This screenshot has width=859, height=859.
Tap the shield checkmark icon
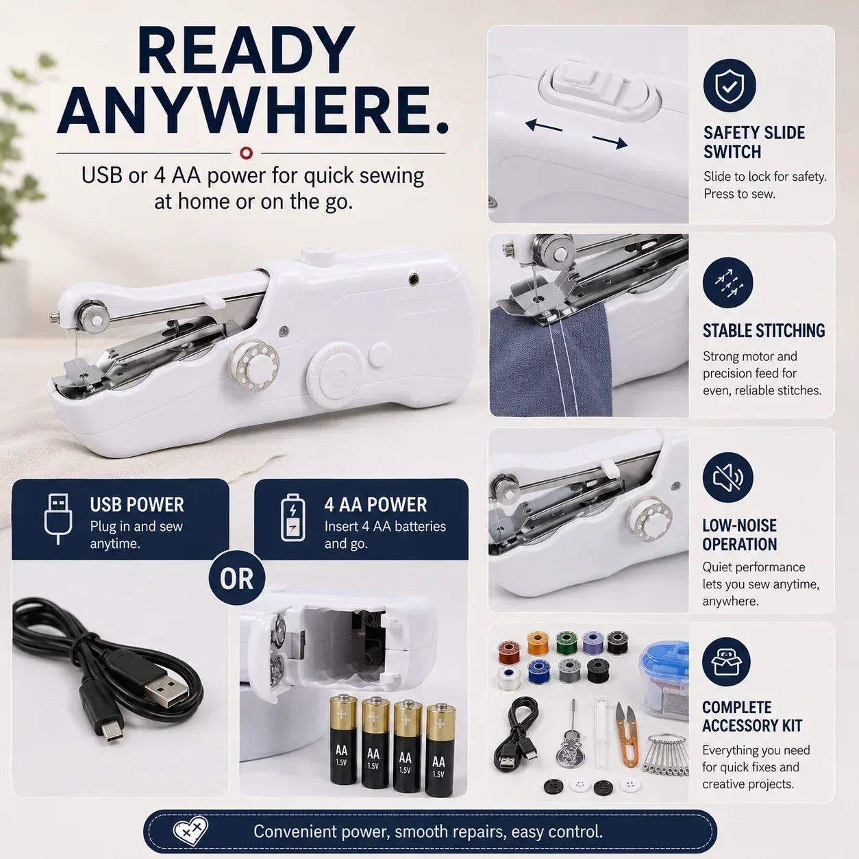coord(730,85)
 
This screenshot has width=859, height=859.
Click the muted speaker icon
coord(728,477)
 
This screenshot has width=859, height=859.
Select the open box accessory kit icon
coord(726,662)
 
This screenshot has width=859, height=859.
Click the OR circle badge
coord(236,579)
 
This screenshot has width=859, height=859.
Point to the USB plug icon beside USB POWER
coord(58,519)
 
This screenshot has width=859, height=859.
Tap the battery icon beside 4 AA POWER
coord(293,517)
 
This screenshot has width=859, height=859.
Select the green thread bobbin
coord(567,643)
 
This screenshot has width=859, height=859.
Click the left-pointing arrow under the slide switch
coord(543,126)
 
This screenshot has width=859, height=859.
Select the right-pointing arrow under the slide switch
coord(610,141)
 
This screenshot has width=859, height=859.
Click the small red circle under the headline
coord(246,153)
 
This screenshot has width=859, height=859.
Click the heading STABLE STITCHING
coord(764,331)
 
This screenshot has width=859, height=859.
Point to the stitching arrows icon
coord(727,283)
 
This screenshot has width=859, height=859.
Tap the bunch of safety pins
coord(664,755)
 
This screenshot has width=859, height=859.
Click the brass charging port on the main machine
coord(414,279)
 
